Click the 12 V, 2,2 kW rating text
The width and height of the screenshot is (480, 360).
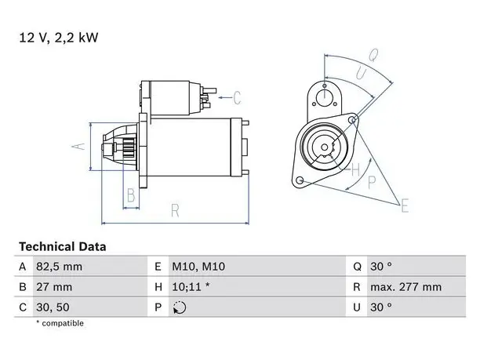pos(59,38)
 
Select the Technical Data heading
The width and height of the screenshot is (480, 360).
pos(63,247)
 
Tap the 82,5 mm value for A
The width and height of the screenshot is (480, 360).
pos(59,267)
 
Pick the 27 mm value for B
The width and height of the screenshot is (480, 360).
pos(54,287)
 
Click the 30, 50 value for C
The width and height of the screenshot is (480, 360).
pos(53,307)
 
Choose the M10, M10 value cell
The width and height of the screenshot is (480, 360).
pos(198,267)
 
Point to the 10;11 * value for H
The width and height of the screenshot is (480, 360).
pos(191,287)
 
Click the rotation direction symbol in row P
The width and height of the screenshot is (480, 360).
pos(180,307)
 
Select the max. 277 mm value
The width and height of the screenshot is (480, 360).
pos(406,287)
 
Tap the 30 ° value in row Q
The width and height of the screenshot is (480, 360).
pos(381,267)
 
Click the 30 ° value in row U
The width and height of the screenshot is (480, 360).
pos(381,307)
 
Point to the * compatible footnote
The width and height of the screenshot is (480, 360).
pos(60,323)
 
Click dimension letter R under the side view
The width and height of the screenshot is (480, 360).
pos(175,211)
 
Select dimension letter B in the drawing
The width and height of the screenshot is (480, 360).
pos(131,195)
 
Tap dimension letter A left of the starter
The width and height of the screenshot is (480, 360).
pos(78,147)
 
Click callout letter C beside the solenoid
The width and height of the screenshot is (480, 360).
pos(237,98)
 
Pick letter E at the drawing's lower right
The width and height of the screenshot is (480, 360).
pos(405,205)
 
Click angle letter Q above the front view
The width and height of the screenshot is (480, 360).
pos(373,56)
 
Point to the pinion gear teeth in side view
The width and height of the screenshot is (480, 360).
pos(129,148)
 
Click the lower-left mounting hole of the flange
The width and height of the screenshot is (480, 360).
pos(300,180)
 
